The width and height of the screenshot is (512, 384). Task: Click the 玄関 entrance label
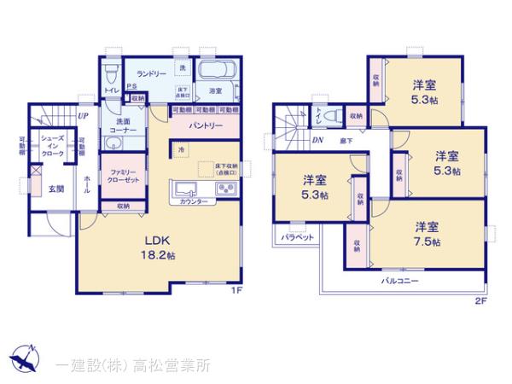point(56,189)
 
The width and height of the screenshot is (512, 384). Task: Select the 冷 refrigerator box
point(182,150)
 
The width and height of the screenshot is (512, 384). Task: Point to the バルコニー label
point(399,279)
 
